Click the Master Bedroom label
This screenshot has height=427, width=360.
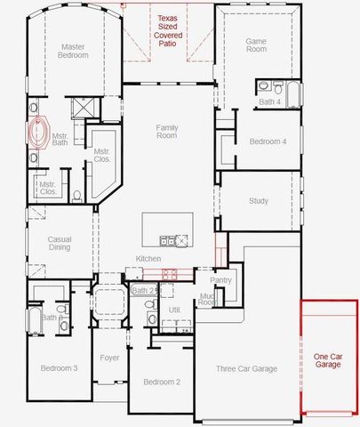73,51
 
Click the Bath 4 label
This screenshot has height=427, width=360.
268,102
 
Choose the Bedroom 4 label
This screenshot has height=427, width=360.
268,141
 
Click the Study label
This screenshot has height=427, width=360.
259,201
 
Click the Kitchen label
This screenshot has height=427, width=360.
148,259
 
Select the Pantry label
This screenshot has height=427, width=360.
221,280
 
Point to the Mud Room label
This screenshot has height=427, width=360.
206,299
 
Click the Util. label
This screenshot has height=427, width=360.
174,309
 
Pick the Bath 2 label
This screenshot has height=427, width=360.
144,290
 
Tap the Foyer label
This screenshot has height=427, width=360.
109,359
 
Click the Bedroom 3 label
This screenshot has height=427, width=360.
59,368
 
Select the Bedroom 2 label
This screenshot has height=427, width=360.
161,382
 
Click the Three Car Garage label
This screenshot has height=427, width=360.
247,368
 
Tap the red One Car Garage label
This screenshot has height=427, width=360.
328,360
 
